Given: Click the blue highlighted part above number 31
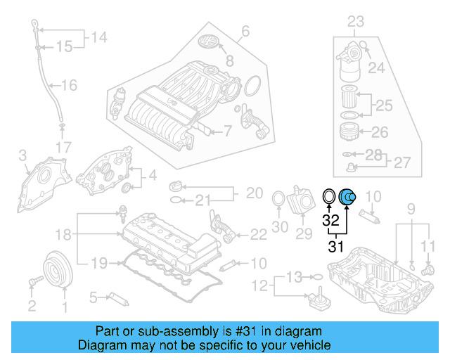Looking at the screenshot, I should [x=348, y=198].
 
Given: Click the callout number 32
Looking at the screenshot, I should [x=330, y=219].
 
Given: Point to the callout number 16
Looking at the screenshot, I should [x=69, y=86].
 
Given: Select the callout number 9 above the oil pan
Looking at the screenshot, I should [x=412, y=209].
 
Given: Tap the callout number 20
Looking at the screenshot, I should [x=254, y=193].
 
